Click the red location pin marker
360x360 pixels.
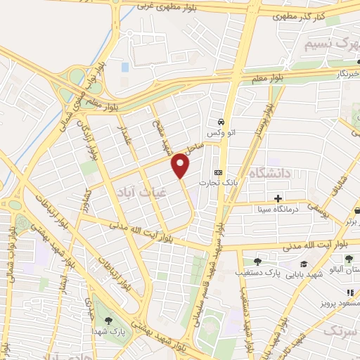pos(181,166)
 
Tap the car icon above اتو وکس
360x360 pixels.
pos(221,120)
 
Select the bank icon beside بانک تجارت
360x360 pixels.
pos(218,172)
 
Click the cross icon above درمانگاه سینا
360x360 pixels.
pos(278,198)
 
